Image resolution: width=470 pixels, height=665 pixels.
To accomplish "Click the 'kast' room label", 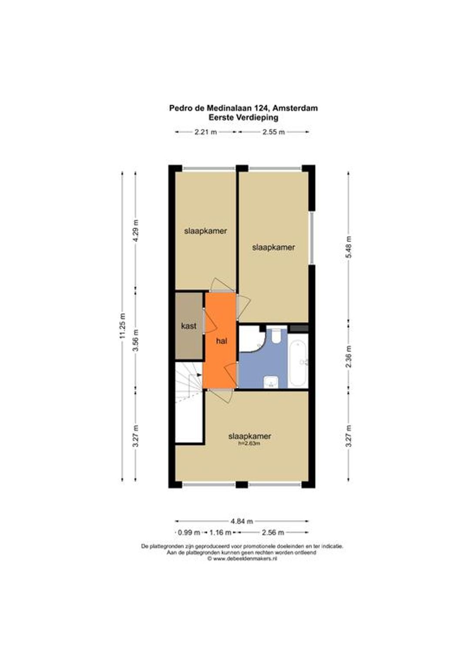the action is coord(188,326).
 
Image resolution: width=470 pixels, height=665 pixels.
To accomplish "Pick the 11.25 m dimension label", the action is coord(122,327).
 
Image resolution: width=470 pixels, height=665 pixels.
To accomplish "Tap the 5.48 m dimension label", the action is coord(349,247).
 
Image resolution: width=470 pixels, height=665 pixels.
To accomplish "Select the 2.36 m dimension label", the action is coord(349,357).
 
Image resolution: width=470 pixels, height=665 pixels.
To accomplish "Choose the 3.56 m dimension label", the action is coord(136,340).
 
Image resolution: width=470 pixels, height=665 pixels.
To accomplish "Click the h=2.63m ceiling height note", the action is coord(249,443).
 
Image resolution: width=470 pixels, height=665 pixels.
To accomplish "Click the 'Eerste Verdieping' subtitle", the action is coord(243,118).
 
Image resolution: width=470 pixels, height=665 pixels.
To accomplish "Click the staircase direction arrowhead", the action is coord(199,375).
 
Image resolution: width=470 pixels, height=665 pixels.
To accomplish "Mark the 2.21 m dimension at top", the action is coord(205,132).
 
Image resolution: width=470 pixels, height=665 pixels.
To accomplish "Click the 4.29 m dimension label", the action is coord(136,231).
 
